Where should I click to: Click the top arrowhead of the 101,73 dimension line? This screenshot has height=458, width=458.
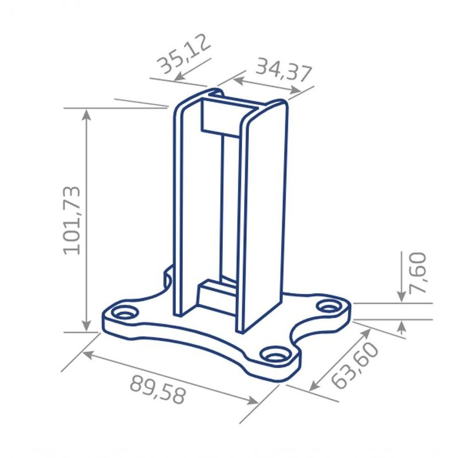click(87, 113)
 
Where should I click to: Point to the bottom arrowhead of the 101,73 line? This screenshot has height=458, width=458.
click(87, 326)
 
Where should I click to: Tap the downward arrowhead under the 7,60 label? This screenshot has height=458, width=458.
click(402, 296)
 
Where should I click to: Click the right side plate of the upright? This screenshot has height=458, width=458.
click(263, 218)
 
